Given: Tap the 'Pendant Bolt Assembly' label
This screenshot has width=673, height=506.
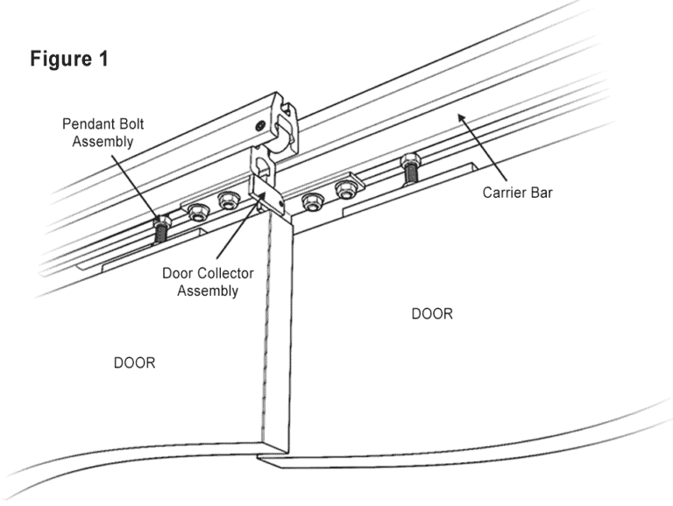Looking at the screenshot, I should click(103, 131).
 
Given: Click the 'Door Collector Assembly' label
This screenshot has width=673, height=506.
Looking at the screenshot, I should click(207, 282).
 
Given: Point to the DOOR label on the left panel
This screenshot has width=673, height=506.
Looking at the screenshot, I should click(134, 362).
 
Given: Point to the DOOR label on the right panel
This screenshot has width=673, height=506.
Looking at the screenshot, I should click(432, 313).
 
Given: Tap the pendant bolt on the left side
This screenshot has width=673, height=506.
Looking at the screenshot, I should click(159, 229).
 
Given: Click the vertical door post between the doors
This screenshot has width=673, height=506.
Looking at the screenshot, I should click(279, 333).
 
